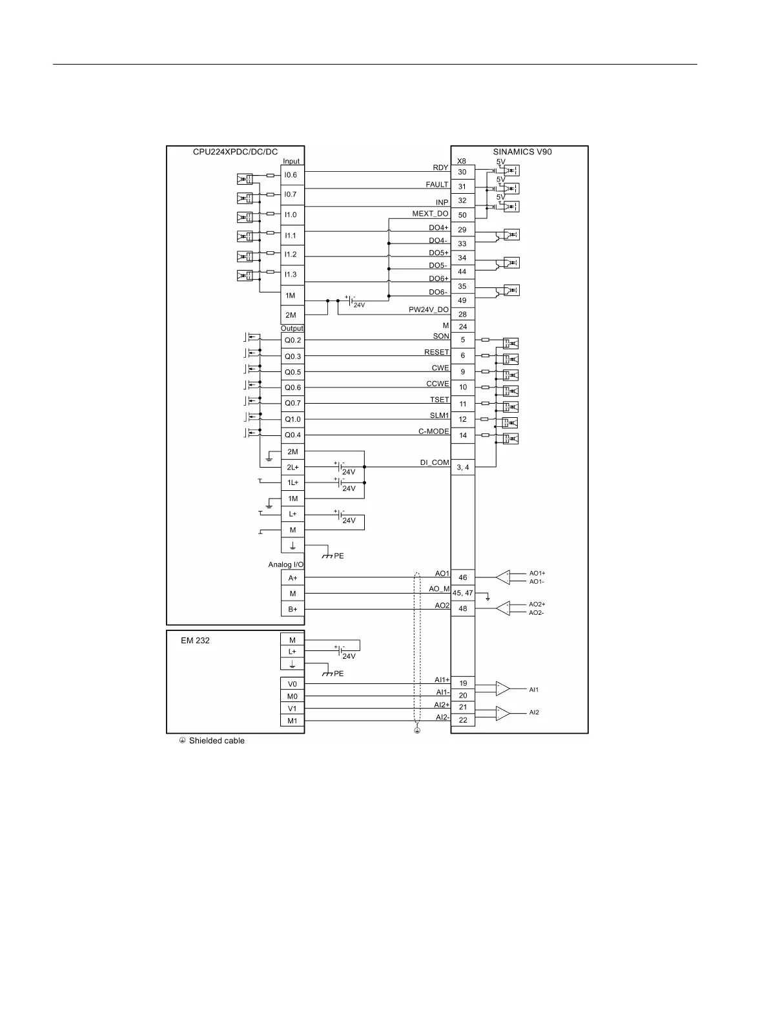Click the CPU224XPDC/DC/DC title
point(235,152)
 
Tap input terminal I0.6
point(291,175)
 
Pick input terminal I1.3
point(291,274)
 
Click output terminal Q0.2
point(292,340)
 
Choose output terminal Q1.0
point(292,419)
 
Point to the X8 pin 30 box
point(462,172)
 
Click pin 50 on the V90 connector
point(462,215)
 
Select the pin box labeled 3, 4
point(462,467)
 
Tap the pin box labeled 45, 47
point(462,593)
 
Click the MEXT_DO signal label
point(430,214)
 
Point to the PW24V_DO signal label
point(428,310)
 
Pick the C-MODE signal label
point(433,431)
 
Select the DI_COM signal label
point(435,462)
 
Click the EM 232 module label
point(195,641)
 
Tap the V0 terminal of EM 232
point(292,684)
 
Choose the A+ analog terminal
point(292,578)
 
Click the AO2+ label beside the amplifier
point(537,605)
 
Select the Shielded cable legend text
point(216,741)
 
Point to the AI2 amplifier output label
point(534,712)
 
